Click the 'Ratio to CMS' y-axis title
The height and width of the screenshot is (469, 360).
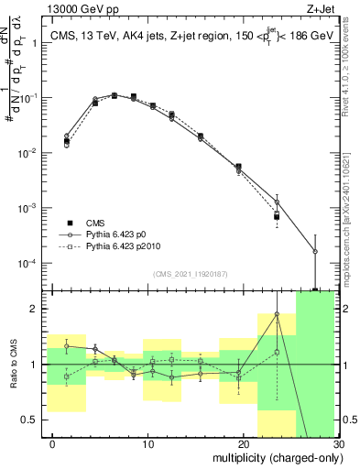pos(12,365)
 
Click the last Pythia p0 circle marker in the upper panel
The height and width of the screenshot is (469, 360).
pos(315,251)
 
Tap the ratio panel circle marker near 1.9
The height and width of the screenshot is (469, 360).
pos(277,315)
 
